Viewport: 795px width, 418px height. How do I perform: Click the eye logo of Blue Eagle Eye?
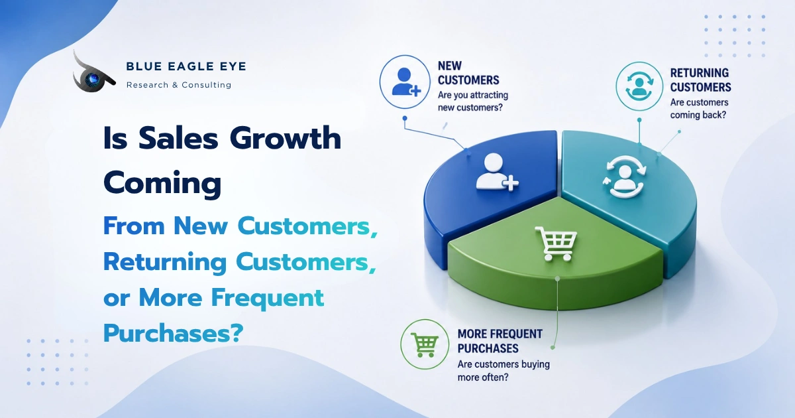pyautogui.click(x=93, y=76)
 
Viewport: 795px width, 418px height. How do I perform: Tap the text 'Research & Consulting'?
pyautogui.click(x=179, y=85)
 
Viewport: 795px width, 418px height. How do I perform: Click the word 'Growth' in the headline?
pyautogui.click(x=286, y=139)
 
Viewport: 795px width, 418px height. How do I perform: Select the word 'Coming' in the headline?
pyautogui.click(x=162, y=183)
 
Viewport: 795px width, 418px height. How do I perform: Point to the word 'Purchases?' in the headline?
pyautogui.click(x=173, y=333)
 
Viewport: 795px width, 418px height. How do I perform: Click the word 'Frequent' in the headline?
pyautogui.click(x=268, y=299)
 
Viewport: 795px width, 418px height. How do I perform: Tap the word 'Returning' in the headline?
pyautogui.click(x=165, y=263)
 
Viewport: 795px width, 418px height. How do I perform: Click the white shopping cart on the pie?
pyautogui.click(x=556, y=244)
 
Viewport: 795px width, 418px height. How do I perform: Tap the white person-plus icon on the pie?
pyautogui.click(x=496, y=172)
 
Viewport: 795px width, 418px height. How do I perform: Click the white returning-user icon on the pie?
pyautogui.click(x=625, y=176)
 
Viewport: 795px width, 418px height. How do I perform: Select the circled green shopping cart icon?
pyautogui.click(x=425, y=344)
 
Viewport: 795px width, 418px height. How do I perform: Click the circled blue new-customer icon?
pyautogui.click(x=405, y=82)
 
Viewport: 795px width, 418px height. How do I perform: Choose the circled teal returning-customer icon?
pyautogui.click(x=639, y=86)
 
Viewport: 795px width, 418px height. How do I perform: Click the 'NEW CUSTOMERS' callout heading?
pyautogui.click(x=468, y=73)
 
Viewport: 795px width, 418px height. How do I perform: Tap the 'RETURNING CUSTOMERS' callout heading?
pyautogui.click(x=701, y=80)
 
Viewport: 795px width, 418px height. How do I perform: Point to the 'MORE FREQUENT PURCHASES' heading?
pyautogui.click(x=500, y=341)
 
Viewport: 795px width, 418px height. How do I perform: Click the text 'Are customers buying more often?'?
pyautogui.click(x=503, y=371)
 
